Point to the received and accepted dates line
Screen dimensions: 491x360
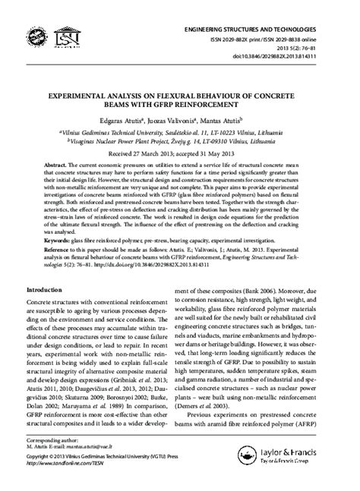tap(179, 153)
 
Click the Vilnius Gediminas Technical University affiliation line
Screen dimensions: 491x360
tap(180, 131)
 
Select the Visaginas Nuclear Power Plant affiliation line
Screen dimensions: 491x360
tap(180, 140)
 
